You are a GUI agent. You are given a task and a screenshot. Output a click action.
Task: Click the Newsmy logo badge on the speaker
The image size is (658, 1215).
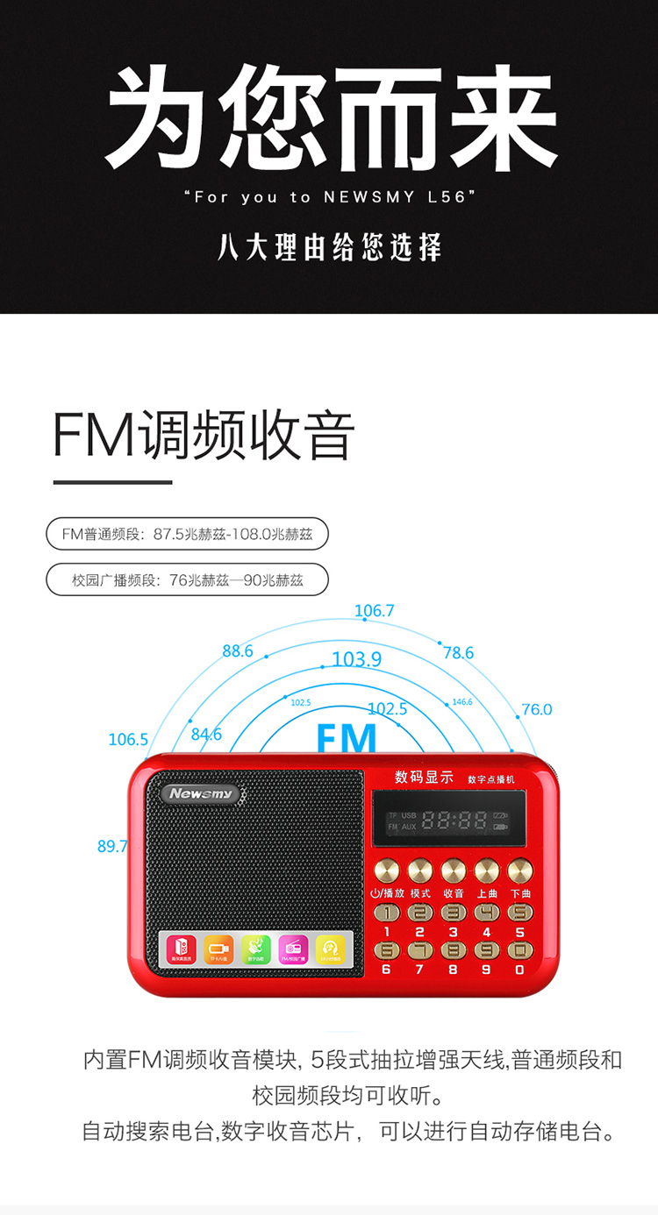[202, 793]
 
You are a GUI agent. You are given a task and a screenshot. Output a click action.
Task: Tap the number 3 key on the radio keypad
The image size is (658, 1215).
[453, 913]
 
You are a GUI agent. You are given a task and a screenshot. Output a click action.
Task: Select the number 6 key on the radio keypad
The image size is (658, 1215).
[386, 950]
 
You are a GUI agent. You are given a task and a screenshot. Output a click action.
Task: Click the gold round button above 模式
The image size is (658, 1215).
[419, 870]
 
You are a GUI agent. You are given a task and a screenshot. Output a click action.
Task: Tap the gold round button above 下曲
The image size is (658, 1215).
[520, 870]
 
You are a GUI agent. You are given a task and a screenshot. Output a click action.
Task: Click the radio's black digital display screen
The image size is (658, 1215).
[448, 821]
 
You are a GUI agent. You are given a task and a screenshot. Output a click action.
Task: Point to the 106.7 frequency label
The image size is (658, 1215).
[375, 611]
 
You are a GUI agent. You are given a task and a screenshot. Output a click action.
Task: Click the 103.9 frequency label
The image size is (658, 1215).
[357, 659]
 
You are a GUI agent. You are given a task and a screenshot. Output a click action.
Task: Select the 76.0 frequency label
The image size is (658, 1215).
[536, 709]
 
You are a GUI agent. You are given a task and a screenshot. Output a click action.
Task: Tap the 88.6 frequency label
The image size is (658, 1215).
[237, 650]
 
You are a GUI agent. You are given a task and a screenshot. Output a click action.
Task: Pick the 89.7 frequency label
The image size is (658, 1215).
[112, 846]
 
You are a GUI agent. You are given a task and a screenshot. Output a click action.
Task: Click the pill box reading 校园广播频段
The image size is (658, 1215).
[187, 579]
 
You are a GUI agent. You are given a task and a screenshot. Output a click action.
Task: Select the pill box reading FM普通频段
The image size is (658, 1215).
[187, 533]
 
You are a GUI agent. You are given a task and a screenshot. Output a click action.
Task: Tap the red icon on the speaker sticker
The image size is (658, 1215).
[182, 949]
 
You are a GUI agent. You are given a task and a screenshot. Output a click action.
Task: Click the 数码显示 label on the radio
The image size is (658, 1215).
[424, 777]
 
